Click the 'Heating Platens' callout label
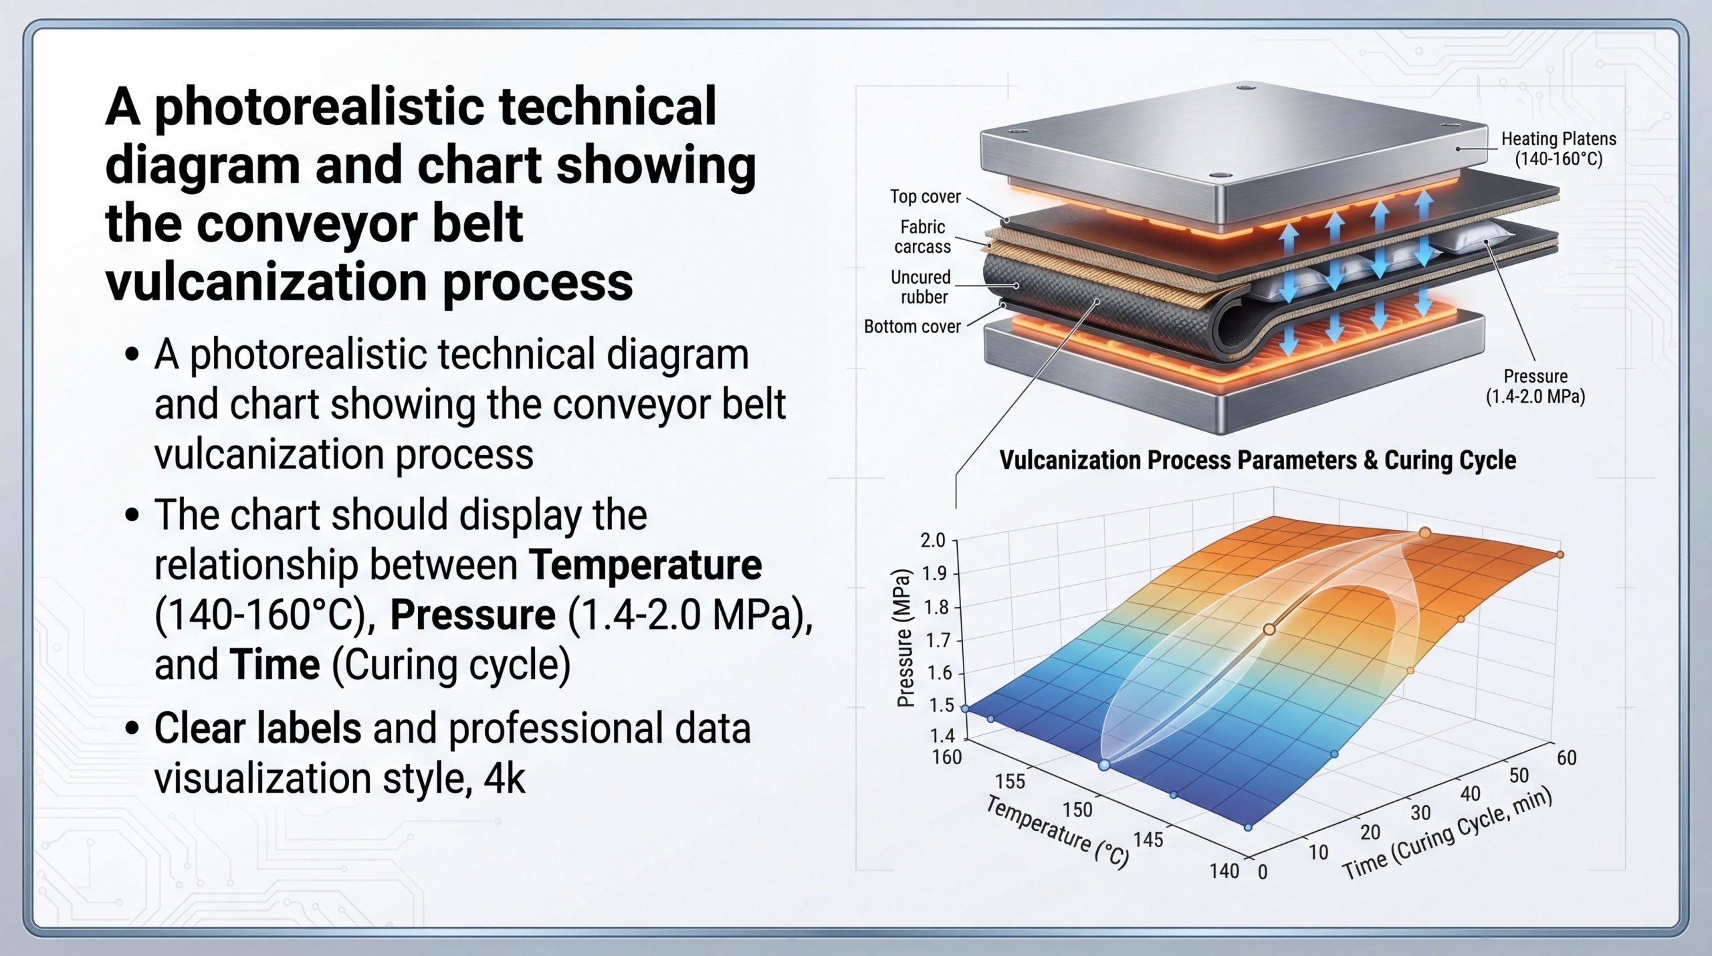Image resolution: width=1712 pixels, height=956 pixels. (x=1559, y=149)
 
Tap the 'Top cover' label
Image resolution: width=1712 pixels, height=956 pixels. (x=925, y=197)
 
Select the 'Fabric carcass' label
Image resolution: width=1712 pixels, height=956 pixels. (x=923, y=237)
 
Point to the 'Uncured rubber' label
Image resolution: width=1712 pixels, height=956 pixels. (x=921, y=287)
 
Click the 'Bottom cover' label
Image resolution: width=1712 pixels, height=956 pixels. (x=912, y=326)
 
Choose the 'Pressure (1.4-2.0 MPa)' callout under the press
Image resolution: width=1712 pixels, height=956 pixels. (x=1535, y=386)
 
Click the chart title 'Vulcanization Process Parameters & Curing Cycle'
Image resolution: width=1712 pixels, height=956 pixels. (x=1258, y=460)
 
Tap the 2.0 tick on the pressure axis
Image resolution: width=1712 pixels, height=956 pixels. (x=933, y=540)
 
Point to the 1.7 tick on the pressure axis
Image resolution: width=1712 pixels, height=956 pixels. (x=938, y=640)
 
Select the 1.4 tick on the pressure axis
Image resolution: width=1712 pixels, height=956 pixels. (x=942, y=736)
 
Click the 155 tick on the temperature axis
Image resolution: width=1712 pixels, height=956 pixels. (x=1010, y=781)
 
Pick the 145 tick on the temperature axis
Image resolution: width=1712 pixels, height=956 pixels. (x=1148, y=840)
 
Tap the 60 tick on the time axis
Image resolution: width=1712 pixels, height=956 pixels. (x=1567, y=758)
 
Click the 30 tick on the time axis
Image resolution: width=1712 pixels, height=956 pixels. (x=1420, y=813)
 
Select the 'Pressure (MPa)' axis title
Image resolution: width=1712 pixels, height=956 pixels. (x=905, y=638)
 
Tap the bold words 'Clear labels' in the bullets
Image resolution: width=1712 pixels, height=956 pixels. (x=257, y=728)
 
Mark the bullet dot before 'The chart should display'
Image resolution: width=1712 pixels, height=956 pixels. (x=132, y=515)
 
